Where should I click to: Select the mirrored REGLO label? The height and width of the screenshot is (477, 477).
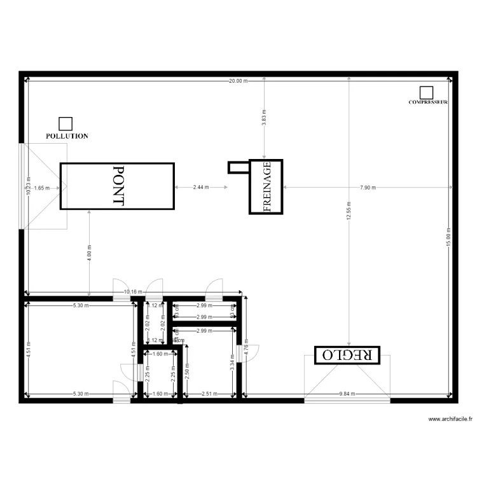click(x=347, y=355)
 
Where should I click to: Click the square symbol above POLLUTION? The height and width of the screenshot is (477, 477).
click(x=65, y=124)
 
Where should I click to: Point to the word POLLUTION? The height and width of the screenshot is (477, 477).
click(x=67, y=136)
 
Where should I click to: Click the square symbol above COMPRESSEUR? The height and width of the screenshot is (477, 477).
click(x=426, y=93)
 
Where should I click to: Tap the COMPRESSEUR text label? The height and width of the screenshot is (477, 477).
click(x=428, y=102)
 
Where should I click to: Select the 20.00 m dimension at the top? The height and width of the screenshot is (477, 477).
click(x=238, y=81)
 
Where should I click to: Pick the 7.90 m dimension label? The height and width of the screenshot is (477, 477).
click(x=368, y=188)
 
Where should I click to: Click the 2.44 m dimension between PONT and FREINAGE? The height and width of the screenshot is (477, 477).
click(x=201, y=188)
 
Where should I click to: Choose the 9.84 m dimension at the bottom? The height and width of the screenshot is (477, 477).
click(x=347, y=394)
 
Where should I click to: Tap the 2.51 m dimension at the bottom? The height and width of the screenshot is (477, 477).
click(x=210, y=394)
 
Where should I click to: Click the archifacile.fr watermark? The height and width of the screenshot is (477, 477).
click(x=450, y=420)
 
